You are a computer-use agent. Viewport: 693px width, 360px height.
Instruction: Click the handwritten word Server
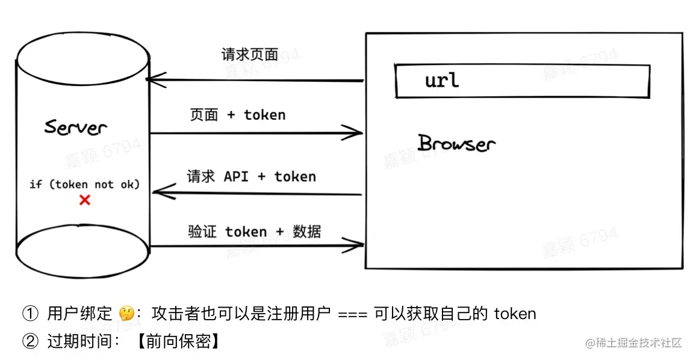[x=76, y=128]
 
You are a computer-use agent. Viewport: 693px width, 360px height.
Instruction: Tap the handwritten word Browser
[x=456, y=144]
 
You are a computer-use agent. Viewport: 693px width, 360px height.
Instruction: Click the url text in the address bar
[x=442, y=80]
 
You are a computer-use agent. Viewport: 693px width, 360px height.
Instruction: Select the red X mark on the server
[x=85, y=200]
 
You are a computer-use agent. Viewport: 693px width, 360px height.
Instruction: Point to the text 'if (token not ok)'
[x=84, y=184]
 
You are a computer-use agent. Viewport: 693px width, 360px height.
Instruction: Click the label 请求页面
[x=250, y=55]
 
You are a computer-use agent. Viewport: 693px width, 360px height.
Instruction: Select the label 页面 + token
[x=238, y=115]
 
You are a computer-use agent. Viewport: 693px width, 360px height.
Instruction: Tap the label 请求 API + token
[x=251, y=176]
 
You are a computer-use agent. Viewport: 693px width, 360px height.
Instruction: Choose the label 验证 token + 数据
[x=254, y=232]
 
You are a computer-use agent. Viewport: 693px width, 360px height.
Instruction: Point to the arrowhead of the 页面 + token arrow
[x=355, y=133]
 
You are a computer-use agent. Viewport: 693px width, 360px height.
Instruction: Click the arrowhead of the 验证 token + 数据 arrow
[x=356, y=244]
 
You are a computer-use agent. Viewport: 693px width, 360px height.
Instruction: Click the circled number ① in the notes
[x=30, y=314]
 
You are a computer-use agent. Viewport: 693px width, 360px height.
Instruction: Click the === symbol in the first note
[x=353, y=314]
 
